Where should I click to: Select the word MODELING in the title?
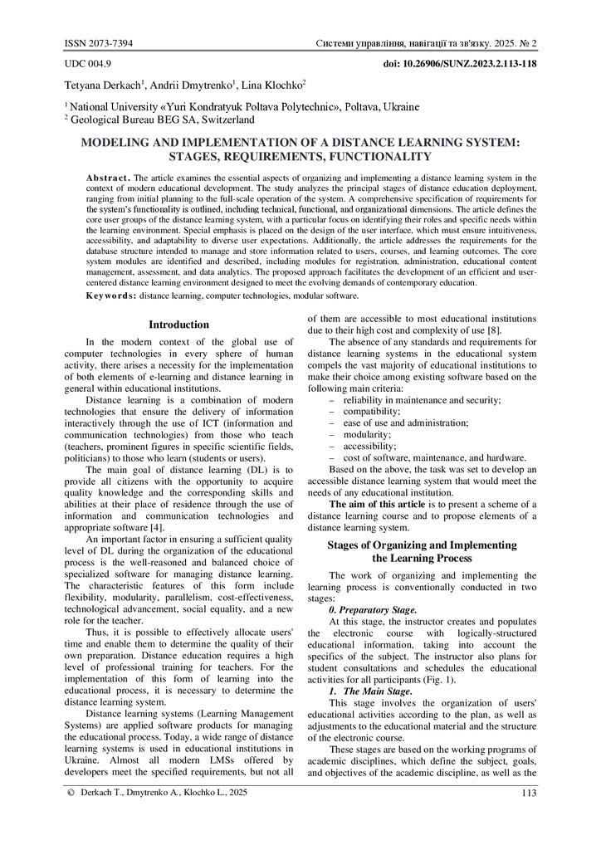(x=116, y=143)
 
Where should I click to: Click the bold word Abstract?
(x=108, y=178)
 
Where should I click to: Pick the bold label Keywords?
(x=111, y=296)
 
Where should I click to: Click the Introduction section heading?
(x=178, y=325)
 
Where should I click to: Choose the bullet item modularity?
(x=360, y=434)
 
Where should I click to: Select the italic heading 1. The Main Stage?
(x=371, y=691)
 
